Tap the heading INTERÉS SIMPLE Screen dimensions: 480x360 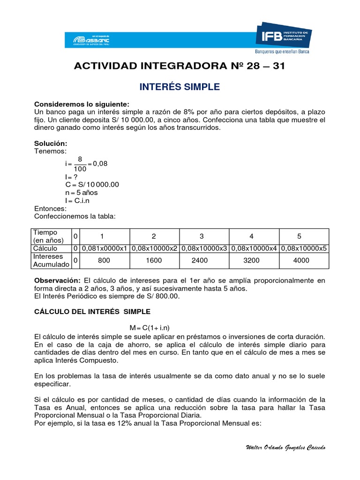pyautogui.click(x=180, y=87)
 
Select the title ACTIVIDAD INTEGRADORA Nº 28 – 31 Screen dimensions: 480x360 pyautogui.click(x=180, y=66)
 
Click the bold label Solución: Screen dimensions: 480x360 pyautogui.click(x=51, y=143)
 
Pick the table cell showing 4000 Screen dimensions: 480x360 pyautogui.click(x=301, y=261)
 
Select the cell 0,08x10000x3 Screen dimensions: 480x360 pyautogui.click(x=204, y=248)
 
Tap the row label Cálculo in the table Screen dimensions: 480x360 pyautogui.click(x=45, y=248)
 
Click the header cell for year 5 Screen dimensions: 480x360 pyautogui.click(x=300, y=236)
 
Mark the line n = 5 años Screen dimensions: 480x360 pyautogui.click(x=82, y=193)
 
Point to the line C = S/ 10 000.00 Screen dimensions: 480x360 pyautogui.click(x=92, y=185)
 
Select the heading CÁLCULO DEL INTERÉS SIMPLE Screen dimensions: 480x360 pyautogui.click(x=93, y=311)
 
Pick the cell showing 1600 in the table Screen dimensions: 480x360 pyautogui.click(x=154, y=261)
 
